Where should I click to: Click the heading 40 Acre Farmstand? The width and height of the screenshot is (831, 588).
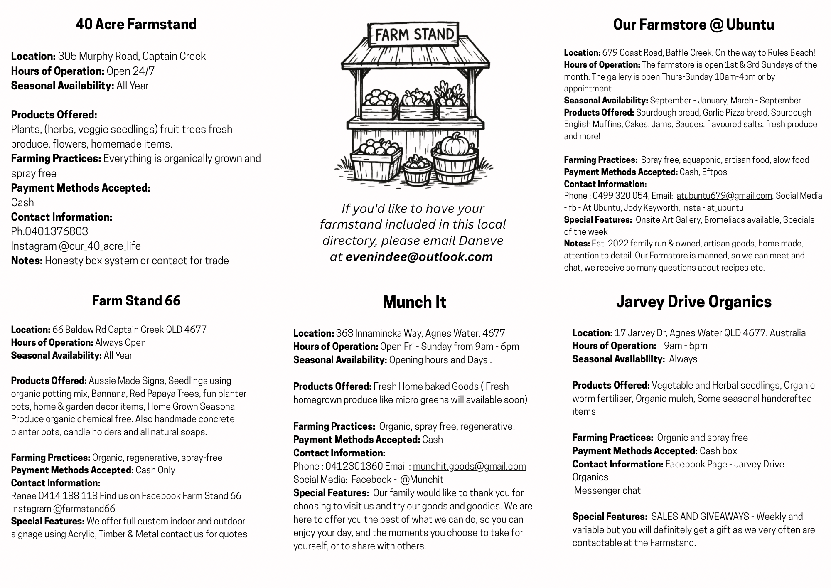coord(136,24)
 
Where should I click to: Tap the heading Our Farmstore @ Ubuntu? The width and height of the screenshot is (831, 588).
coord(693,25)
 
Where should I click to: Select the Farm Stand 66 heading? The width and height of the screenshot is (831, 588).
coord(136,300)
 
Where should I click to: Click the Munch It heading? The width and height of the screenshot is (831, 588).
coord(414,302)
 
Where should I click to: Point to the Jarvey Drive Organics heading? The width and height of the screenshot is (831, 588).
coord(693,302)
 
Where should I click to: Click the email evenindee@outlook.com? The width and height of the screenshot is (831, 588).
coord(419,257)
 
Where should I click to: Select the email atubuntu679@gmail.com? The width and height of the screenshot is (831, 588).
coord(724,196)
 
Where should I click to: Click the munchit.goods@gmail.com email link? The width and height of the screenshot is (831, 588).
coord(469,466)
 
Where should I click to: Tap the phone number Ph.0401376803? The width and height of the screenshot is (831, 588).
coord(49,231)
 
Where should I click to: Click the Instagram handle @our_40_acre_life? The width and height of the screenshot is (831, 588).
coord(100,246)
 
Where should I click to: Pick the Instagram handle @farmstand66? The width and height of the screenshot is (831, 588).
coord(84,509)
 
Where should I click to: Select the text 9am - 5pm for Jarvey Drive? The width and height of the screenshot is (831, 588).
coord(685,346)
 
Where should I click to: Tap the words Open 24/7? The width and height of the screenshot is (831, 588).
coord(130,71)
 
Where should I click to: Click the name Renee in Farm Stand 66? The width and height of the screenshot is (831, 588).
coord(24,496)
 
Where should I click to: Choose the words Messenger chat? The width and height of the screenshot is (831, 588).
coord(607,490)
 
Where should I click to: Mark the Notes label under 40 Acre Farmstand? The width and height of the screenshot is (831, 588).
coord(27,261)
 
